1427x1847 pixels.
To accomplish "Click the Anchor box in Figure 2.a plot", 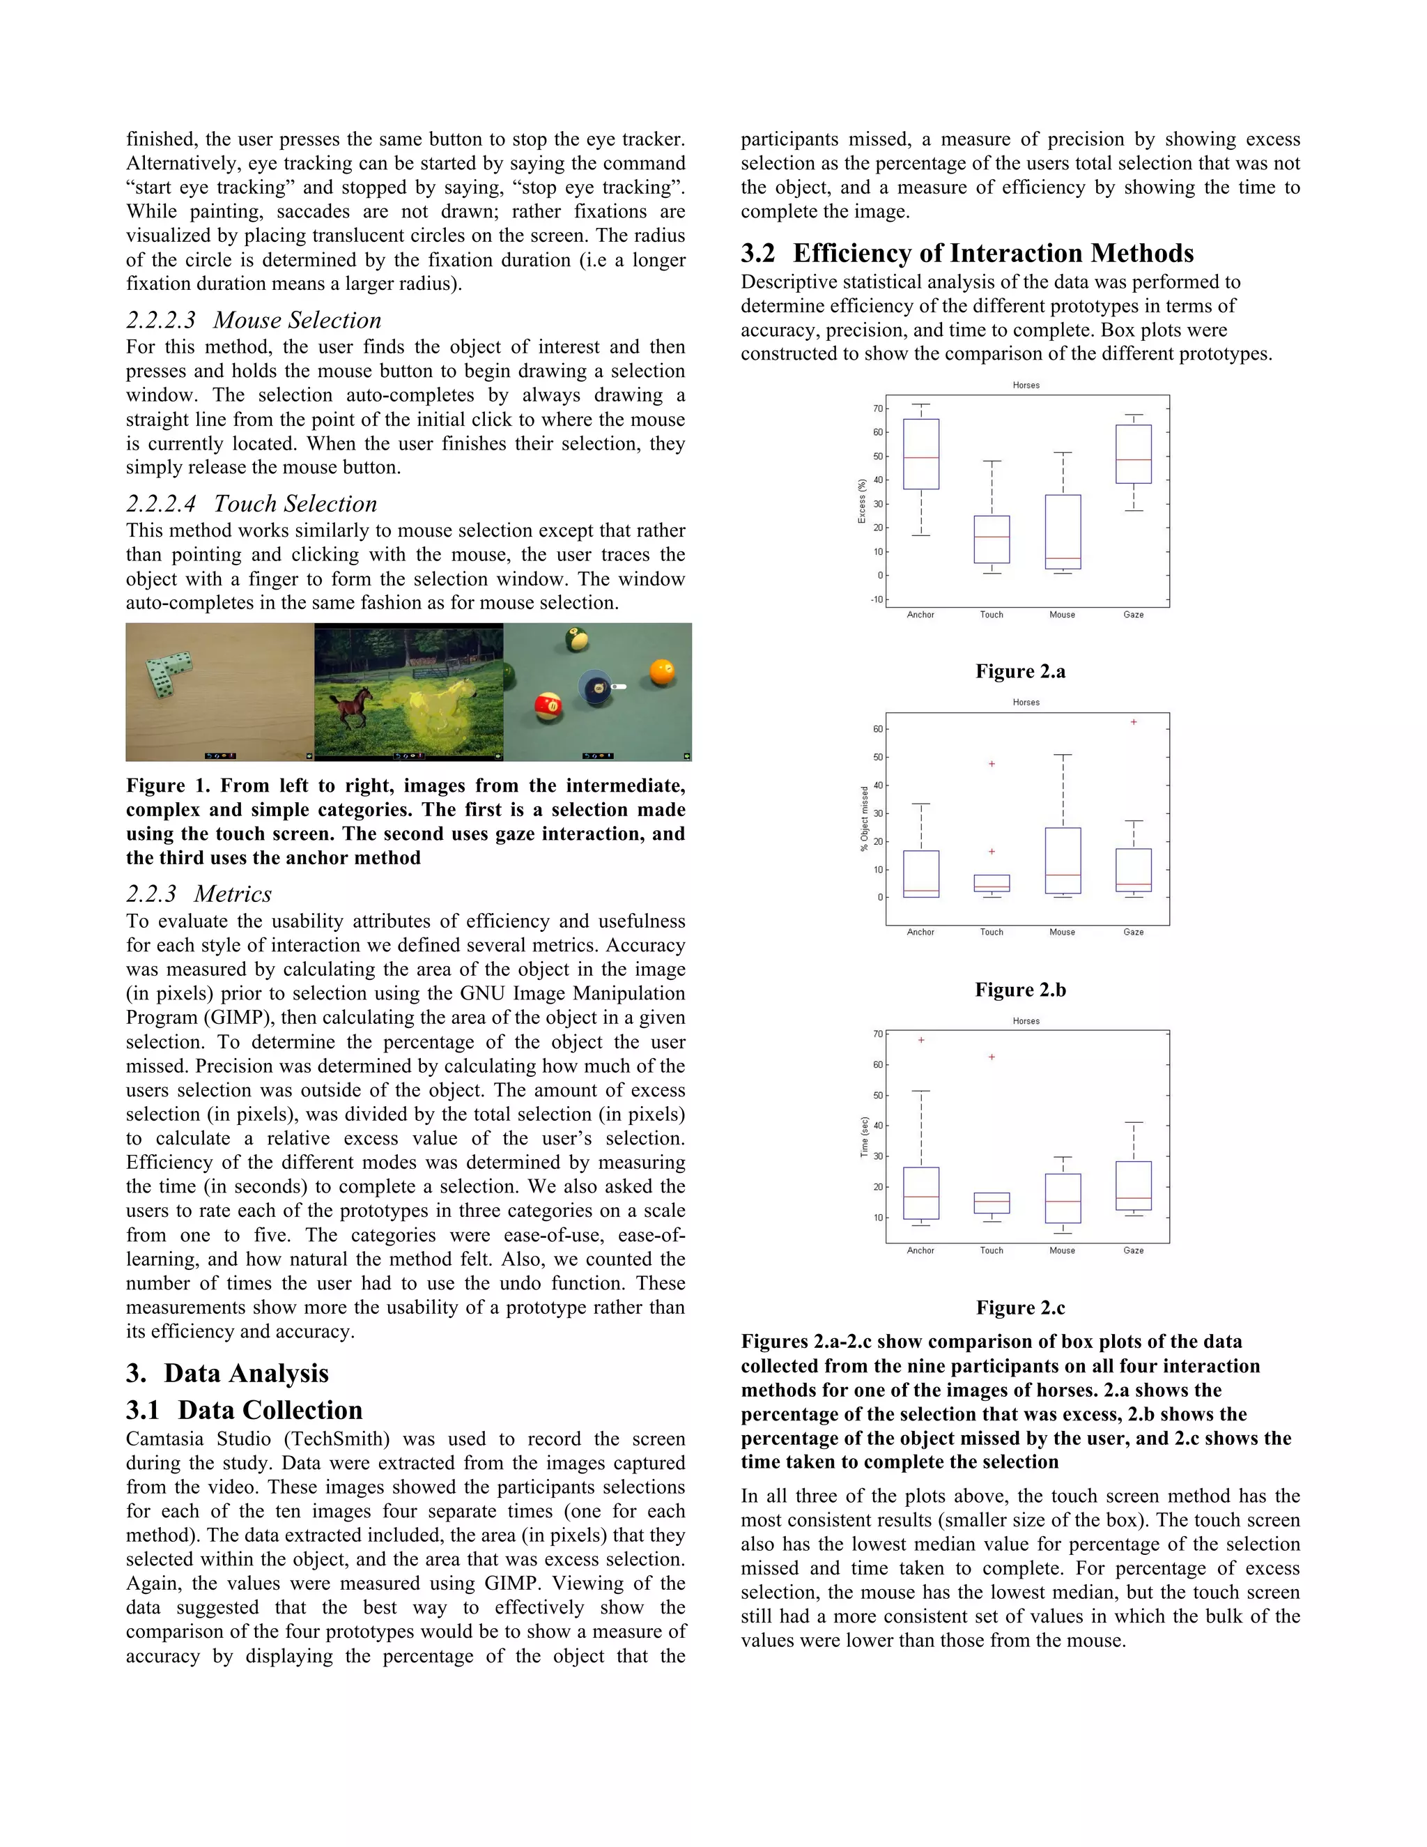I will click(x=920, y=454).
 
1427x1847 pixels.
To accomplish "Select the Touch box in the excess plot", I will click(x=992, y=539).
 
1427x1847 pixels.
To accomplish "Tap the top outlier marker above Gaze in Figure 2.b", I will click(x=1134, y=722).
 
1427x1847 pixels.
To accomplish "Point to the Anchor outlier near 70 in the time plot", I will click(x=921, y=1040).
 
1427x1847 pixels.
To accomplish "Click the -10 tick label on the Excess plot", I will click(x=877, y=599).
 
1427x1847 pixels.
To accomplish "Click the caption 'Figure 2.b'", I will click(x=1020, y=990).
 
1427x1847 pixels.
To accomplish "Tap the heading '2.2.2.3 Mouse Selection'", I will click(x=254, y=320).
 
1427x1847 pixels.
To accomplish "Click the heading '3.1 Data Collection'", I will click(x=245, y=1410).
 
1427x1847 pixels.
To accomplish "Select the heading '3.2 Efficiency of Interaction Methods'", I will click(x=967, y=253).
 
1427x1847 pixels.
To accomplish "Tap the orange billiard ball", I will click(x=662, y=673).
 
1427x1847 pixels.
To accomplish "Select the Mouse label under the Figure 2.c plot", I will click(x=1063, y=1250).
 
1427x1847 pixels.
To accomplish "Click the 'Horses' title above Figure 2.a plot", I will click(x=1026, y=385).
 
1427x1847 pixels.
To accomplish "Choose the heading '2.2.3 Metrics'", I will click(x=199, y=894).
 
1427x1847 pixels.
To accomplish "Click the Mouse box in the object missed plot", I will click(x=1063, y=860).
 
